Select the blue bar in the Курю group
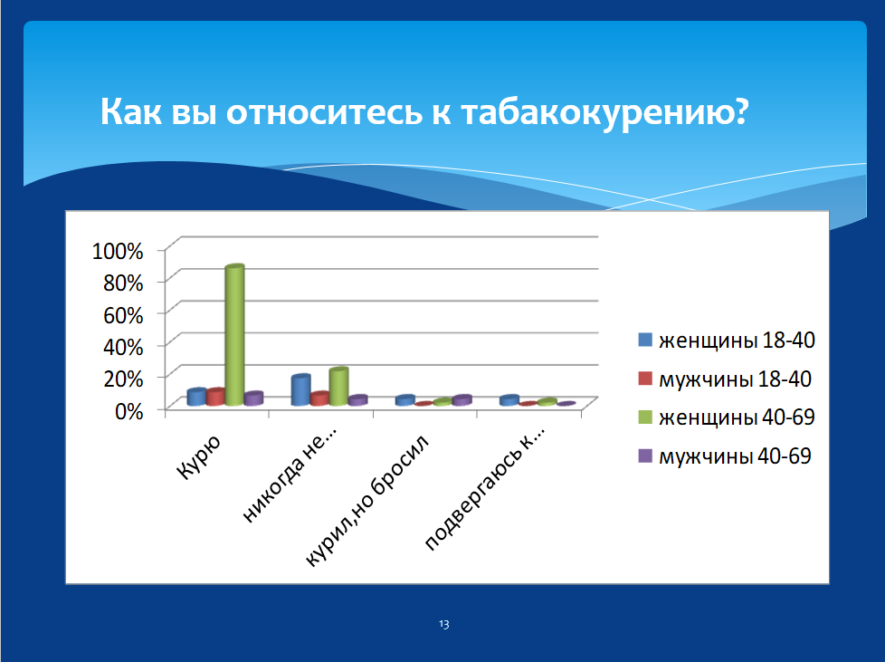[196, 397]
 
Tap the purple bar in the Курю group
[253, 398]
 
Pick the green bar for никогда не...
[338, 387]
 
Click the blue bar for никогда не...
[300, 389]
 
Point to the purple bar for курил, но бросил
[462, 400]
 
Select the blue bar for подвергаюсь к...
[509, 400]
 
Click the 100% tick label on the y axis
[118, 251]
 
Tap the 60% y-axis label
[123, 315]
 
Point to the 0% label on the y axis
[128, 411]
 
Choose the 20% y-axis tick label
[123, 379]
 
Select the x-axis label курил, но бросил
[367, 501]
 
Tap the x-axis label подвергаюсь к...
[485, 489]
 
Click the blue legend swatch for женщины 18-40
[645, 340]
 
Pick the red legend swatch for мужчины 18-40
[645, 379]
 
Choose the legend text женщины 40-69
[737, 417]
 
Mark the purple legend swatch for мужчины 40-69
[645, 456]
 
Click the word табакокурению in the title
[604, 111]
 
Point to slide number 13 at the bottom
[443, 624]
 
